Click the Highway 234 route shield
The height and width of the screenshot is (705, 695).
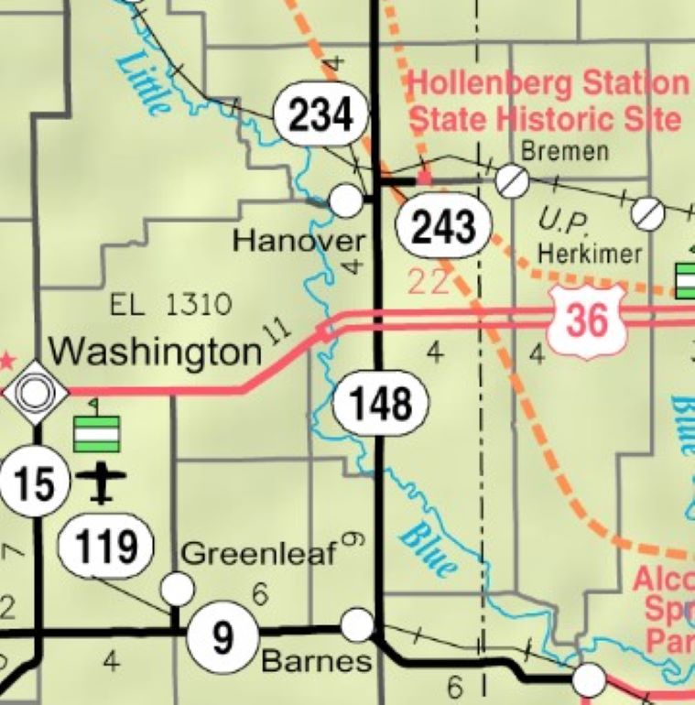coord(320,115)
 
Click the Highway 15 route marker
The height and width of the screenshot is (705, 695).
coord(35,482)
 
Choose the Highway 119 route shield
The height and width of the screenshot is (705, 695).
coord(104,547)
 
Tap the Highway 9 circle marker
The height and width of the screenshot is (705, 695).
coord(223,636)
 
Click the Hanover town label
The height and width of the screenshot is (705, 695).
coord(299,242)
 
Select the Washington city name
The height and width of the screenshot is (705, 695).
coord(155,350)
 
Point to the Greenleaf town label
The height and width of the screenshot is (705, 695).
coord(259,553)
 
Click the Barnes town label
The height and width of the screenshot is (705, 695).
coord(317,661)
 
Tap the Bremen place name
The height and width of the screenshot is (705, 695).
coord(564,150)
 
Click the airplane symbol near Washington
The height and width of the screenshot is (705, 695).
coord(101,483)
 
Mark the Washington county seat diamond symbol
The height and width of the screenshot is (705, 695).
coord(36,393)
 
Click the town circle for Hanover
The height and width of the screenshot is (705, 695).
coord(345,200)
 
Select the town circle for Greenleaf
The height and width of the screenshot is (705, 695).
coord(178,587)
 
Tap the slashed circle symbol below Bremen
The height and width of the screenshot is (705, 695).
coord(512,181)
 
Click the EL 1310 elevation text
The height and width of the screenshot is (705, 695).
coord(170,304)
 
